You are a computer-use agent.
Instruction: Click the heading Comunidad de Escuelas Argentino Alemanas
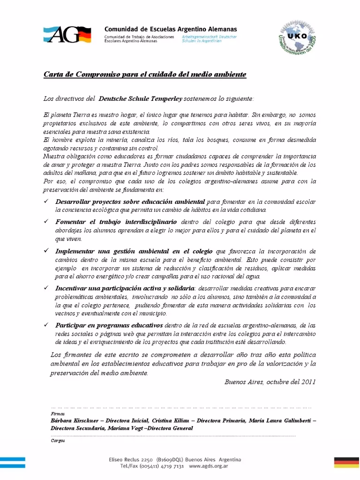click(171, 29)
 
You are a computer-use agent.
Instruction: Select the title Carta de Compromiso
click(145, 75)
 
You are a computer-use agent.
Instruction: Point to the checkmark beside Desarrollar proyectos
click(46, 201)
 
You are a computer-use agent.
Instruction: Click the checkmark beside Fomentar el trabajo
click(46, 221)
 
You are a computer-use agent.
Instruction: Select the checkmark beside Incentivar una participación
click(46, 288)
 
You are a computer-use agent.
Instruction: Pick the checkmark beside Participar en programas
click(46, 325)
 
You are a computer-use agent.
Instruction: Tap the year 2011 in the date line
click(308, 382)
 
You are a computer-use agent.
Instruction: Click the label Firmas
click(57, 414)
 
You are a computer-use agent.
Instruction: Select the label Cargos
click(58, 441)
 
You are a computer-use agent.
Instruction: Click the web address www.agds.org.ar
click(209, 467)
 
